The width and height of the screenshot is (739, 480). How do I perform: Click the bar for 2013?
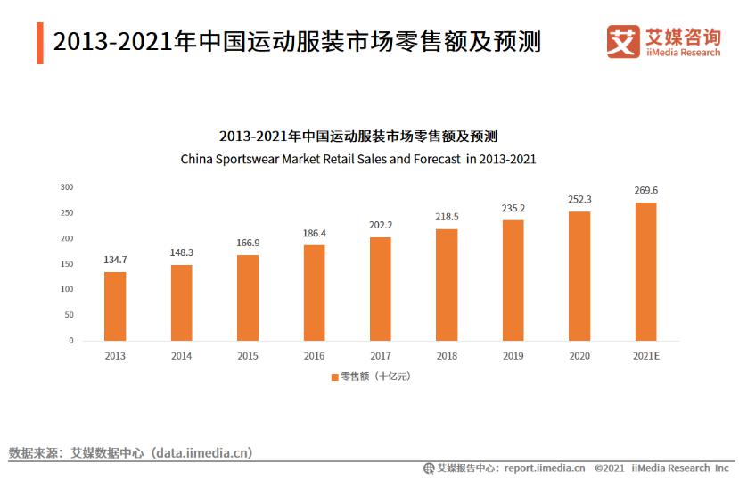click(x=115, y=306)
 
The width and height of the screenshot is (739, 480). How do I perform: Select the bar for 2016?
click(x=314, y=293)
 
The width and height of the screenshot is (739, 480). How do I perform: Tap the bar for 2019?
click(x=513, y=280)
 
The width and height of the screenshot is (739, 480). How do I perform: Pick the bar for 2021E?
click(x=645, y=271)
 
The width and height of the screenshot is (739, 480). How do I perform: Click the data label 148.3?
click(x=182, y=252)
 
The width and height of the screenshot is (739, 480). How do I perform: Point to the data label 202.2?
click(x=381, y=225)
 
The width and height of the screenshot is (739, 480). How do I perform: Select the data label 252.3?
click(x=579, y=199)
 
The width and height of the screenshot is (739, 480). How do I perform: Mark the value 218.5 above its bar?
click(x=447, y=217)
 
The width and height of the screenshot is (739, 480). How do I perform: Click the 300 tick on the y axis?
click(x=67, y=187)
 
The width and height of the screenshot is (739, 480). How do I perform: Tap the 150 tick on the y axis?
click(x=67, y=264)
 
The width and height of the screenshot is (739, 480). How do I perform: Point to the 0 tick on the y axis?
click(x=70, y=341)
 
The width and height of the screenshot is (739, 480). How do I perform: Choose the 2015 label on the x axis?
click(x=248, y=356)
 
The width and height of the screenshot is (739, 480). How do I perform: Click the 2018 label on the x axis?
click(x=447, y=356)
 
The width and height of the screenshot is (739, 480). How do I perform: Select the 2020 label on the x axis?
click(x=579, y=356)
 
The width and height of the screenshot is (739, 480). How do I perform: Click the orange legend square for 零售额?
click(x=334, y=377)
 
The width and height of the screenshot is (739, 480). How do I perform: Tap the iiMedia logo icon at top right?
click(x=623, y=41)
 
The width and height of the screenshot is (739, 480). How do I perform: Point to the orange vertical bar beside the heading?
click(x=40, y=42)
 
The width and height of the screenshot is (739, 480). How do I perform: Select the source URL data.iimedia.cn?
click(x=202, y=453)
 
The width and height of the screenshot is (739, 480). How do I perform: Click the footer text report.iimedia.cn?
click(x=544, y=468)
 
